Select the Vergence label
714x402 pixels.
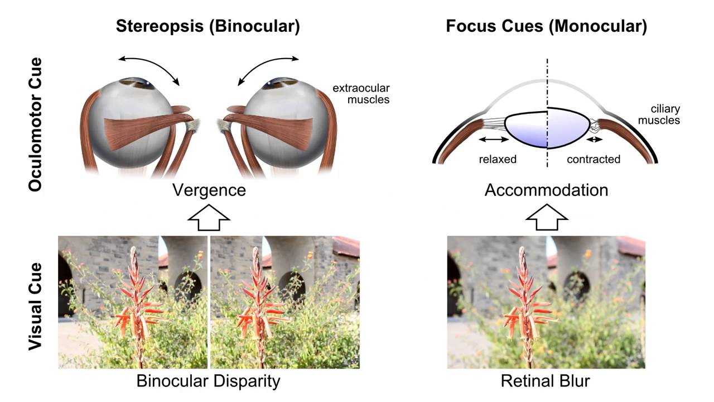(x=209, y=190)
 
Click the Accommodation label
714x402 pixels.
(x=546, y=190)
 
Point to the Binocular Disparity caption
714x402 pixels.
(x=208, y=382)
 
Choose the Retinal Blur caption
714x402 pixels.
(x=545, y=382)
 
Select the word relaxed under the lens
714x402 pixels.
(x=498, y=159)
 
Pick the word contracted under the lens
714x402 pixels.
(x=594, y=159)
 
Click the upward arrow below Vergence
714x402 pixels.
(x=209, y=217)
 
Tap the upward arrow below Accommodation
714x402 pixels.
(x=546, y=217)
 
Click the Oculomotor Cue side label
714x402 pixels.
(x=36, y=124)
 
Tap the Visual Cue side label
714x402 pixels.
(x=36, y=305)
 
